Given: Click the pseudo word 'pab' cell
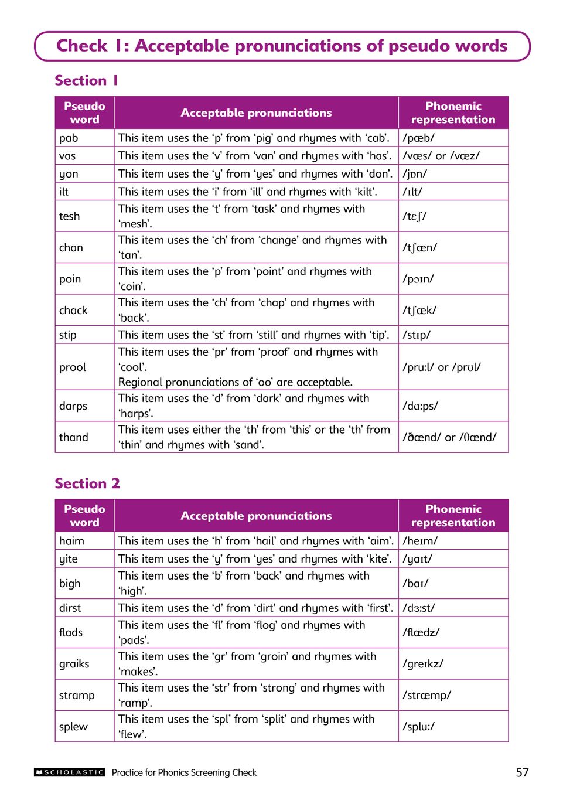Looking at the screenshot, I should pos(69,138).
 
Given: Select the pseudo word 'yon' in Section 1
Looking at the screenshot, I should pos(69,174).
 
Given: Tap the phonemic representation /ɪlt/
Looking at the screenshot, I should pos(412,192).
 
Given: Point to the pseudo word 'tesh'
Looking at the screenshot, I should pos(69,216).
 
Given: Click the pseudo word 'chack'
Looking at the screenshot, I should pos(73,310).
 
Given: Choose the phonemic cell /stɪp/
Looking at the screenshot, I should pos(417,335).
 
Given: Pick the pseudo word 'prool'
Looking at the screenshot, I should pos(73,367).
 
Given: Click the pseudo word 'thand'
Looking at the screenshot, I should pos(74,437).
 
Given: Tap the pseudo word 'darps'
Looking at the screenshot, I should pos(73,406).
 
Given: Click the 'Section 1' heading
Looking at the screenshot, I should pos(87,80).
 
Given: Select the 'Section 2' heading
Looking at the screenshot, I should pos(87,483).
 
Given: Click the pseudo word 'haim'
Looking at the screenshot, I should pos(71,541).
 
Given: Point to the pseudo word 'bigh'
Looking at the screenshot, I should pos(70,583).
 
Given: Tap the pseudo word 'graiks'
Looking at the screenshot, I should pos(74,663).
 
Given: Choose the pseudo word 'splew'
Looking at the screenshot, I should pos(74,726).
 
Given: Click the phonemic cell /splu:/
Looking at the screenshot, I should pos(418,726).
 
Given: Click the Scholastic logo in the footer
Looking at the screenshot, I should pos(69,772).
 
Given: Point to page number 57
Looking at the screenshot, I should pos(522,772).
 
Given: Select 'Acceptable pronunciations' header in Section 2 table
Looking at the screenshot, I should pos(256,516).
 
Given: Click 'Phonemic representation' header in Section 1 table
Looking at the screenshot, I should pos(453,113).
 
